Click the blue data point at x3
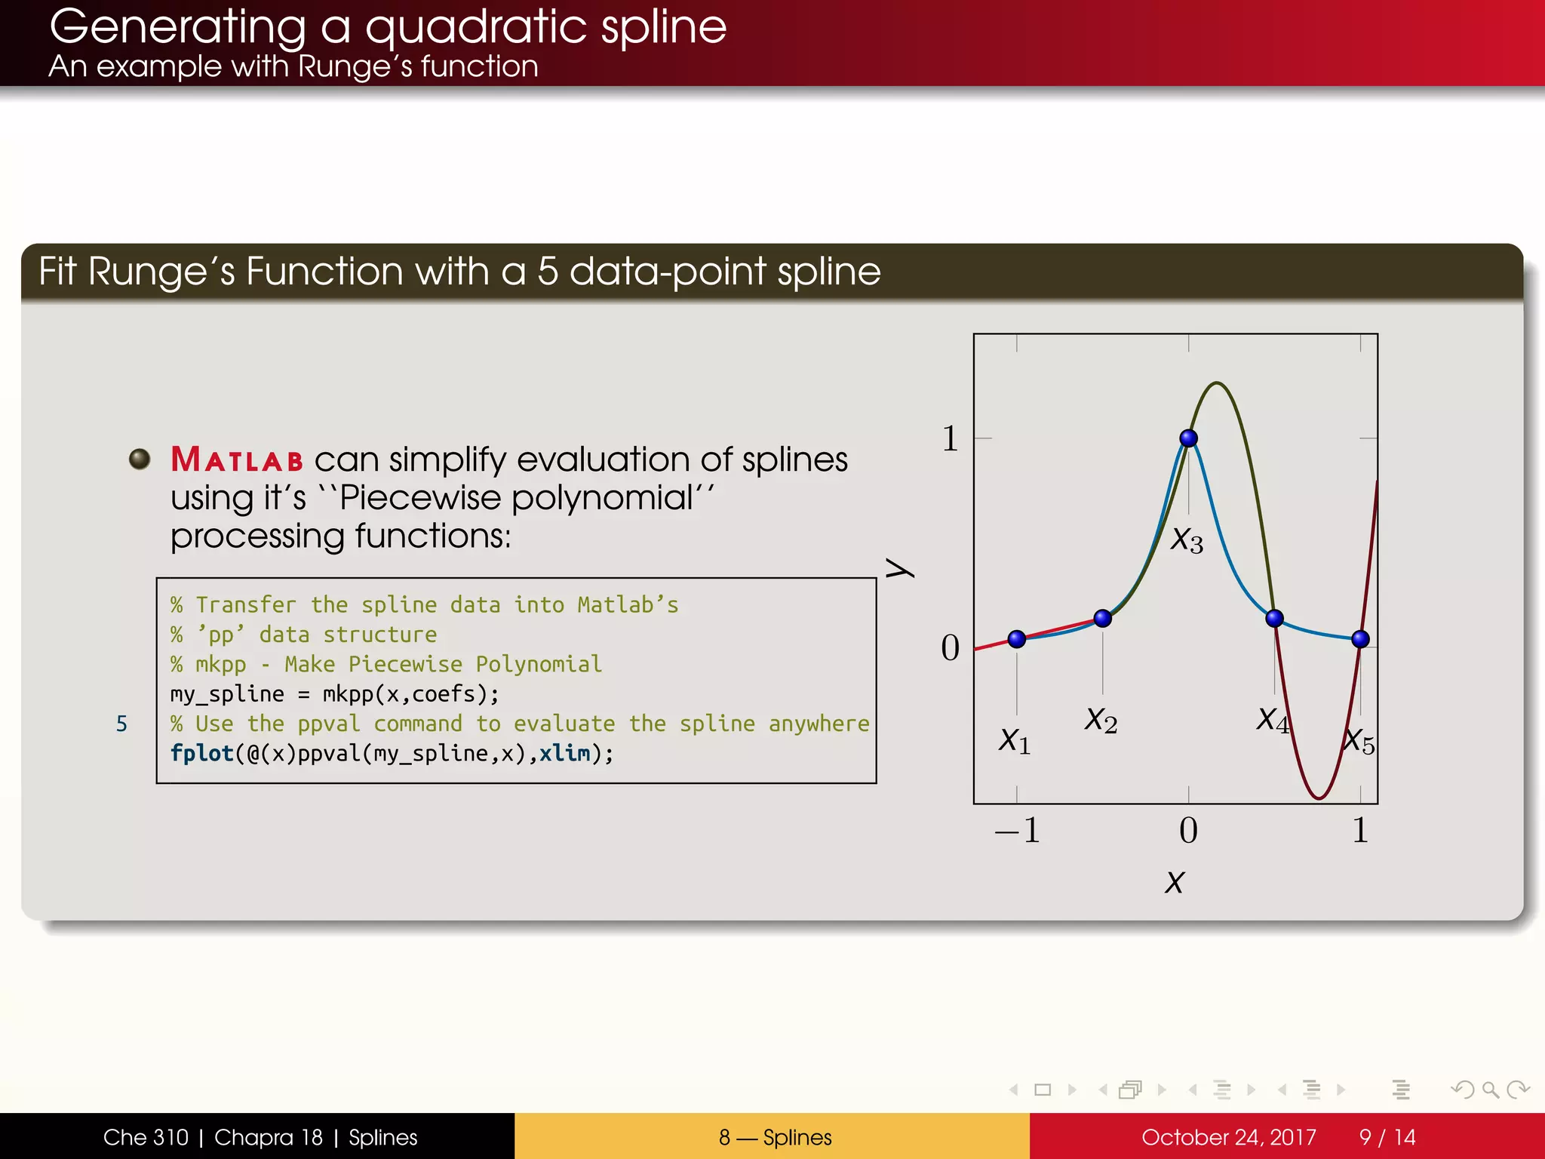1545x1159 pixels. pos(1188,438)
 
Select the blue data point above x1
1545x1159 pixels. pos(1016,639)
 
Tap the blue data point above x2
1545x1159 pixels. pos(1102,619)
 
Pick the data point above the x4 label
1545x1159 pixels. pos(1274,619)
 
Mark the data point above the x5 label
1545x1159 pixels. pos(1360,639)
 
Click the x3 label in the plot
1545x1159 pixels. pos(1187,540)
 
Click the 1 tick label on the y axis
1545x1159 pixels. pos(950,438)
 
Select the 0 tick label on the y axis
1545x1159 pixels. pos(950,648)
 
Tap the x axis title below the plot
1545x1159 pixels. pos(1174,882)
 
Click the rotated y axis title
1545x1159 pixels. pos(899,568)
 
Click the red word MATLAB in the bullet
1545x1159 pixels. pos(237,460)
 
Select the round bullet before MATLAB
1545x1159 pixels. pos(140,458)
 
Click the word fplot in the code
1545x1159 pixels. pos(201,753)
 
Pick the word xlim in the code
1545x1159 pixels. pos(564,753)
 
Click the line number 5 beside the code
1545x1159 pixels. pos(121,724)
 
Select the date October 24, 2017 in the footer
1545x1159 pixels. pos(1228,1137)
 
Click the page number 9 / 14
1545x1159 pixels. pos(1387,1137)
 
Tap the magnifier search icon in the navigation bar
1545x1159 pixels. pos(1490,1090)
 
